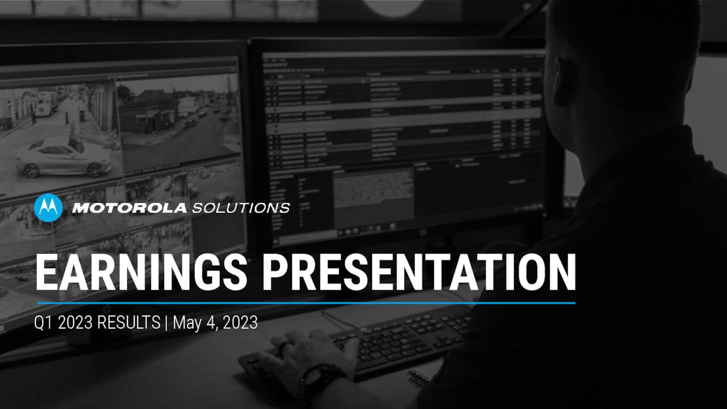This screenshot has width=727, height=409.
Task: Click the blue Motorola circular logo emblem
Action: pyautogui.click(x=48, y=208)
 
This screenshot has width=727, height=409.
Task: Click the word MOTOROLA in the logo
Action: pyautogui.click(x=129, y=208)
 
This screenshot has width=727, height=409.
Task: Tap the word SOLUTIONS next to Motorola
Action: pyautogui.click(x=241, y=208)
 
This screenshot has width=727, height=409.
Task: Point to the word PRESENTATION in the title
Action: pyautogui.click(x=419, y=273)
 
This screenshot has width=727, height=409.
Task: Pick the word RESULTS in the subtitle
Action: pyautogui.click(x=128, y=323)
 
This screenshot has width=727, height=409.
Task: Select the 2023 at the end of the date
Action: pyautogui.click(x=240, y=323)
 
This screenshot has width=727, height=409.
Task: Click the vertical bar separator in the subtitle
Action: pyautogui.click(x=166, y=323)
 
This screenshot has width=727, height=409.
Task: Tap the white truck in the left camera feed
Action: pyautogui.click(x=47, y=104)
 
